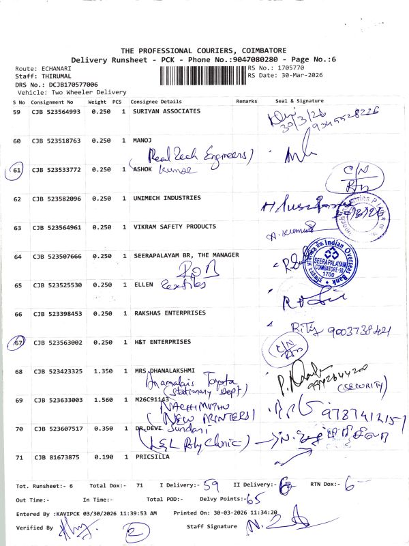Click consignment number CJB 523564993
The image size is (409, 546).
point(56,111)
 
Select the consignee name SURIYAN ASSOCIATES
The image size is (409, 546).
point(166,111)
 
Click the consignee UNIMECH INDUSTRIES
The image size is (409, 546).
point(167,198)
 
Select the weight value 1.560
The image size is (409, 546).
point(101,400)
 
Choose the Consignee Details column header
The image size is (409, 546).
point(155,101)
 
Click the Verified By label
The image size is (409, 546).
point(33,528)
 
